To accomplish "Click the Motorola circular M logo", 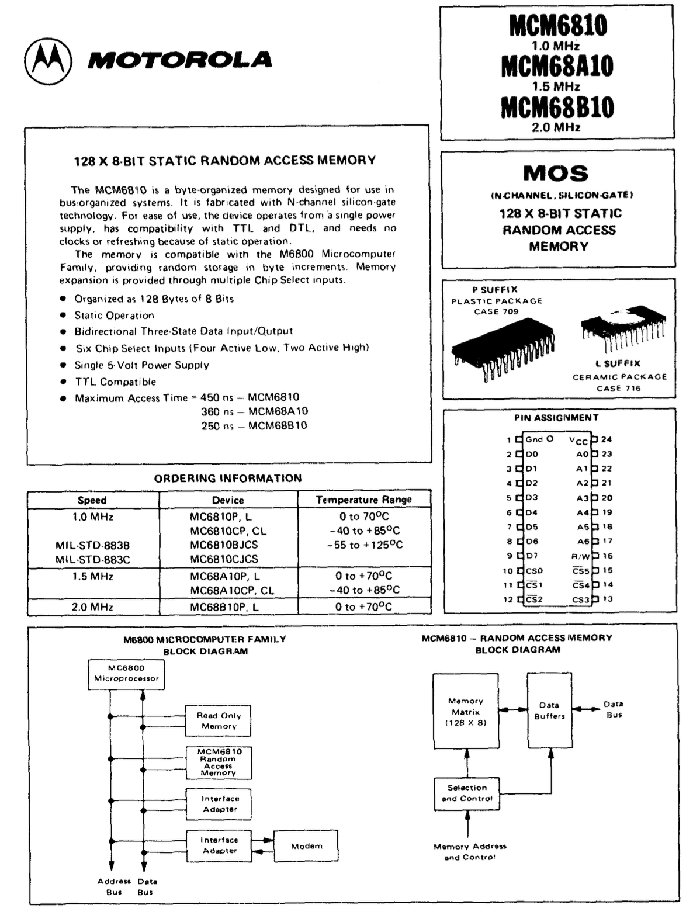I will pos(48,61).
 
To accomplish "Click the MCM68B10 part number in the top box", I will pos(557,108).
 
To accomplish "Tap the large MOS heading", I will pos(556,173).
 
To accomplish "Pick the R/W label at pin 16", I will pos(580,556).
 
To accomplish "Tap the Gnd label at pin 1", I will pos(534,439).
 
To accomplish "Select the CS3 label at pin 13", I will pos(580,599).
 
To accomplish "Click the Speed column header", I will pos(92,500).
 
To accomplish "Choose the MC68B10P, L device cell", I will pos(224,607).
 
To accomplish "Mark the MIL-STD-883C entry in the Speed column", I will pos(92,560).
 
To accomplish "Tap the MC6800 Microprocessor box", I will pos(126,674).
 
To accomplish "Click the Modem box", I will pos(307,846).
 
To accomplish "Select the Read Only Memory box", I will pos(219,720).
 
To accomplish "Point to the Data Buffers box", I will pos(549,710).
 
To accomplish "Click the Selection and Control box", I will pos(467,793).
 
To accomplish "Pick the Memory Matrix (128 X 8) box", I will pos(466,711).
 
